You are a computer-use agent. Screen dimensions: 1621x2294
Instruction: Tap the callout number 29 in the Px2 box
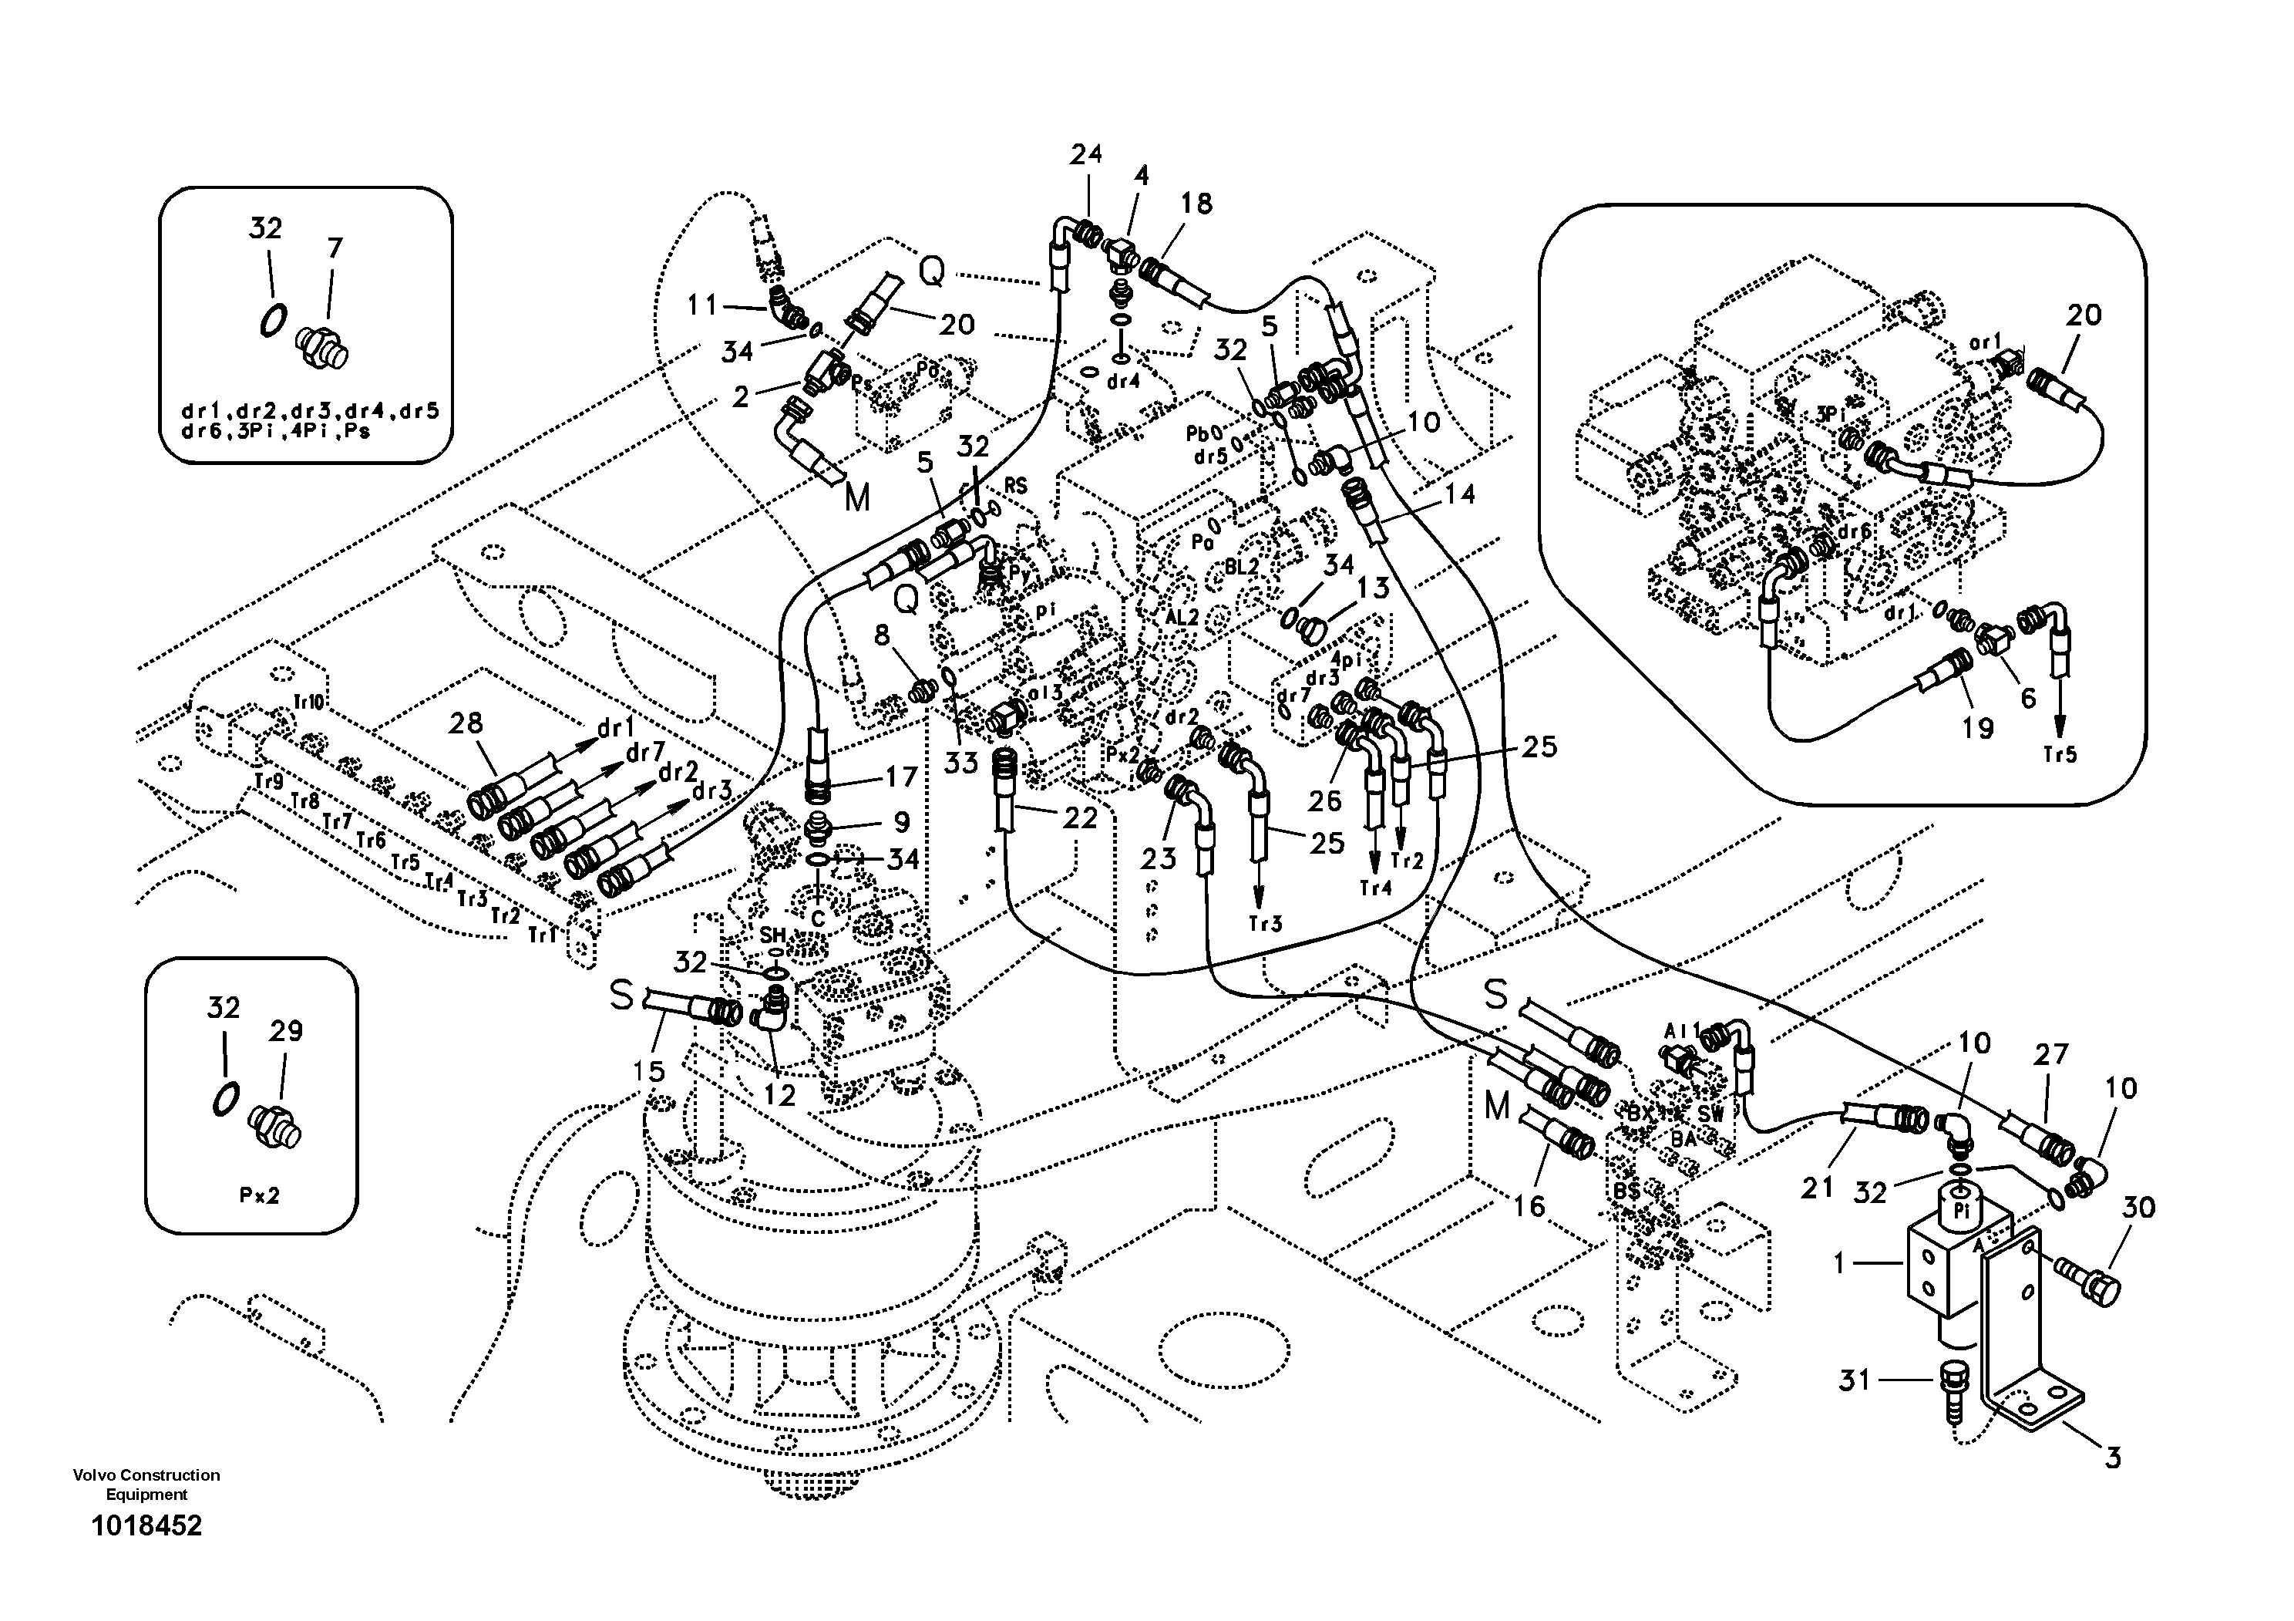pos(286,1031)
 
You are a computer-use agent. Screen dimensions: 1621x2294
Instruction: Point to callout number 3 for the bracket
pos(2112,1458)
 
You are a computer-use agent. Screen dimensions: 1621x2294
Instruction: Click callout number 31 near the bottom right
pos(1855,1380)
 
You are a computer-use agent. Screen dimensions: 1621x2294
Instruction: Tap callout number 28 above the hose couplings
pos(466,723)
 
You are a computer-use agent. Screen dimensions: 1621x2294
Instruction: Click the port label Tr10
pos(309,703)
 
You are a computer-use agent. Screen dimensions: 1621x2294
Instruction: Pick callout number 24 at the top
pos(1086,155)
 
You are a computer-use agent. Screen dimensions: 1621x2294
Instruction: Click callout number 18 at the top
pos(1196,204)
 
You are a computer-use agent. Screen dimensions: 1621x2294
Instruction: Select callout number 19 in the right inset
pos(1977,727)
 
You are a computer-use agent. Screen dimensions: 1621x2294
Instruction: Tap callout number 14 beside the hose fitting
pos(1460,494)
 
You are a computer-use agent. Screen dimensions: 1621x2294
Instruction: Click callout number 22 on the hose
pos(1080,818)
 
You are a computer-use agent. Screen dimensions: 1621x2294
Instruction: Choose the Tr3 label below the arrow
pos(1265,923)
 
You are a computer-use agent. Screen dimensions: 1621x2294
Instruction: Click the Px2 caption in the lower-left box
pos(259,1195)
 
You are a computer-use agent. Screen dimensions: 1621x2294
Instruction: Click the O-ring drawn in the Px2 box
pos(225,1098)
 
